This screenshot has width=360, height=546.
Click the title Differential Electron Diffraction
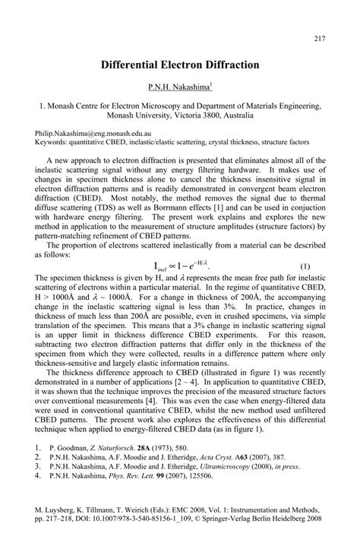coord(179,66)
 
